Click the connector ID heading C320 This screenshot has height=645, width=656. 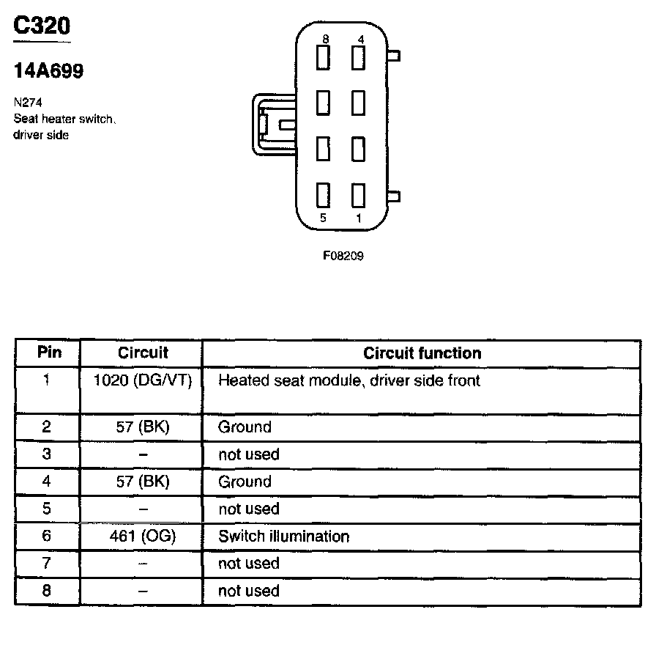pyautogui.click(x=42, y=26)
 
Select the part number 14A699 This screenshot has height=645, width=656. pyautogui.click(x=48, y=71)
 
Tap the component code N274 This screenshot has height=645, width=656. pyautogui.click(x=27, y=103)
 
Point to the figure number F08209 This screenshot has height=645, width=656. pyautogui.click(x=343, y=257)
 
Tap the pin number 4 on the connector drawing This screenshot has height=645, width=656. pyautogui.click(x=359, y=38)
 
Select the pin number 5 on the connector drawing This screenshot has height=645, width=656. pyautogui.click(x=322, y=218)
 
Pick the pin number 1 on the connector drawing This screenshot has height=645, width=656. pyautogui.click(x=359, y=218)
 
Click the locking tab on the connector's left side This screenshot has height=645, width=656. pyautogui.click(x=272, y=125)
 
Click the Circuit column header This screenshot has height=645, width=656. pyautogui.click(x=143, y=353)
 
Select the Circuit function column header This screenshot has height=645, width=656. pyautogui.click(x=422, y=353)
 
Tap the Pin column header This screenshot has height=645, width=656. pyautogui.click(x=48, y=353)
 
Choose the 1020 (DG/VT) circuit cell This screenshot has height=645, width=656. pyautogui.click(x=143, y=380)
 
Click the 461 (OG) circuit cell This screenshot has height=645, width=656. pyautogui.click(x=143, y=537)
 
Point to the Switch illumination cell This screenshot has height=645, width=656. pyautogui.click(x=283, y=537)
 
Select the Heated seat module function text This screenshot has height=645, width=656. pyautogui.click(x=349, y=380)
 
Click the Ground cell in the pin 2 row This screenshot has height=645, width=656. pyautogui.click(x=245, y=427)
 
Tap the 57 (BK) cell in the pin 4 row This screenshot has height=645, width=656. pyautogui.click(x=143, y=482)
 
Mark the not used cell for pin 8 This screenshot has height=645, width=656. pyautogui.click(x=249, y=591)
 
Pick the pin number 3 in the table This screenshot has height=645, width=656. pyautogui.click(x=47, y=454)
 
